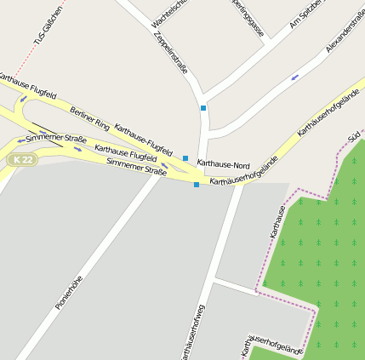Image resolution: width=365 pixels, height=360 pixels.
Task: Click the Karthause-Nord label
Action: click(x=224, y=163)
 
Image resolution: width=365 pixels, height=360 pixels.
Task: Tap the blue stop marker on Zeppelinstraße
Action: click(x=203, y=108)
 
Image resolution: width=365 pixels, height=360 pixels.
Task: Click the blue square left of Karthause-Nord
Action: click(x=185, y=158)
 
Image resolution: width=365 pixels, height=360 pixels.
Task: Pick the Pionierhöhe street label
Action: click(x=69, y=291)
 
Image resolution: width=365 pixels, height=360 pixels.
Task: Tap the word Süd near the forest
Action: click(x=355, y=136)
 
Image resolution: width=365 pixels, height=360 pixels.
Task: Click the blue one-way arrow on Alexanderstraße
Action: click(x=295, y=77)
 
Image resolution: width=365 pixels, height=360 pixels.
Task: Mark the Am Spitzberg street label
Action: click(x=305, y=13)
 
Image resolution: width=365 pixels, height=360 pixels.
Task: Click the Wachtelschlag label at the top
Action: click(x=167, y=12)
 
